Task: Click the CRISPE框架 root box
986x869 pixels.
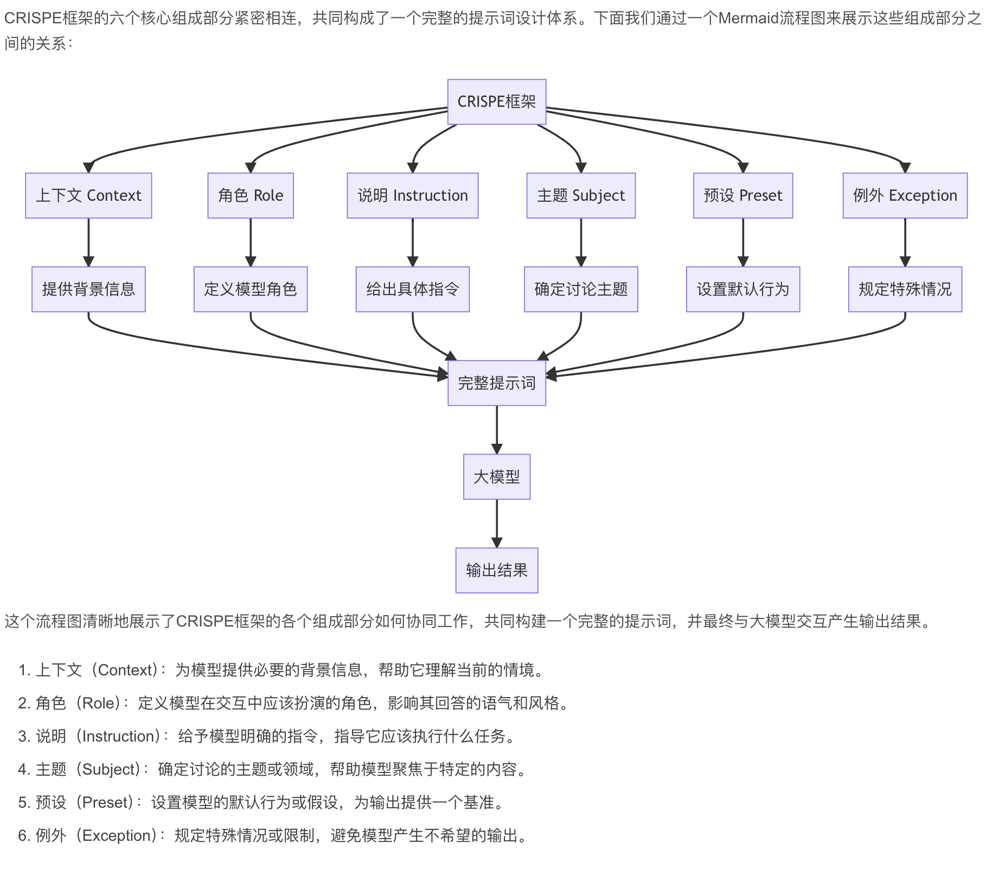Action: point(496,102)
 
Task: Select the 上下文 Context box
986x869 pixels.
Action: point(88,196)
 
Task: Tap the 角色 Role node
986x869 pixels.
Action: point(251,196)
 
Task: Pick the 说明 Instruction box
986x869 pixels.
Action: point(412,196)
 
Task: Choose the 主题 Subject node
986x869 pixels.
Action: point(581,196)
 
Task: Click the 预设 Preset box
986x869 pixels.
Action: point(743,196)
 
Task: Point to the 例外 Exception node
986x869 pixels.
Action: point(905,196)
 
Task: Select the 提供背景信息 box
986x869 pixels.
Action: point(88,289)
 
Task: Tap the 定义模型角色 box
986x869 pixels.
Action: point(251,289)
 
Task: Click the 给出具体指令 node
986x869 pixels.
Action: point(412,289)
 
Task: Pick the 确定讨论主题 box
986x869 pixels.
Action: point(581,289)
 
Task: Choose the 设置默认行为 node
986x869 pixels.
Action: point(743,289)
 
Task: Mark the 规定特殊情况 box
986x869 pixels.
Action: point(905,289)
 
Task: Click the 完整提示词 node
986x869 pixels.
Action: point(496,383)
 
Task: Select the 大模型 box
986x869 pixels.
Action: point(496,477)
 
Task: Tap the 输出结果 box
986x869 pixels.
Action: point(496,570)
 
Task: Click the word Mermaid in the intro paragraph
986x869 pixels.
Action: point(748,19)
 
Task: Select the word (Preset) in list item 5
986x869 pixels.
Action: point(105,802)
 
